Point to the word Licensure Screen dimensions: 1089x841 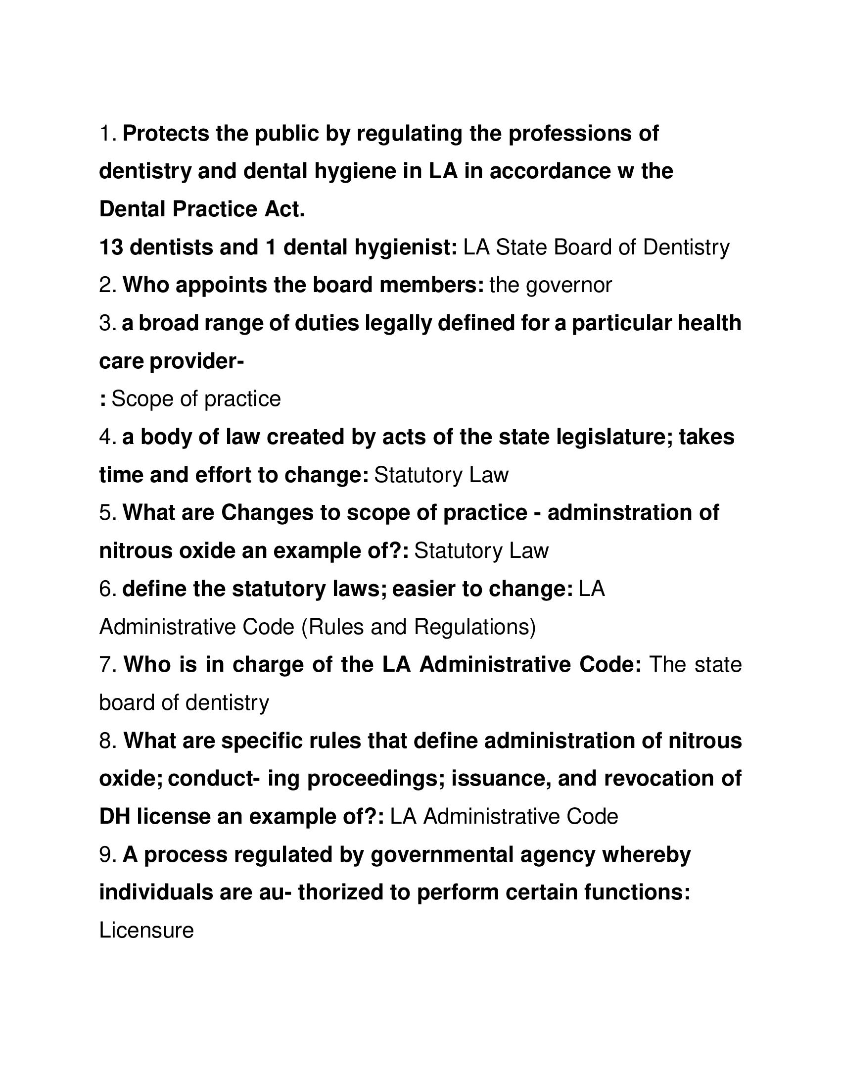pos(146,931)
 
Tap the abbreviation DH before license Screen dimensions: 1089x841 pos(115,817)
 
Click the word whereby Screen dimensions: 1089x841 pos(647,855)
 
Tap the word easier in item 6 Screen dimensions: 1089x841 pos(424,589)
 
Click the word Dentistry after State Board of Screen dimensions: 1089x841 pos(686,247)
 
